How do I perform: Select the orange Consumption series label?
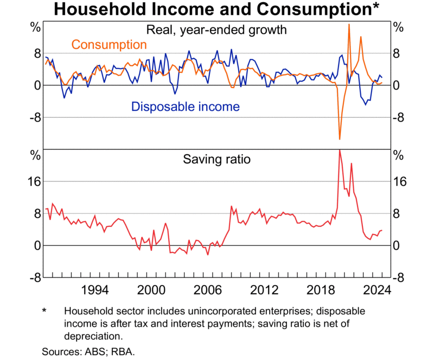109,45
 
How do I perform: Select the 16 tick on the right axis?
399,181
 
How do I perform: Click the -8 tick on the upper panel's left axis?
34,117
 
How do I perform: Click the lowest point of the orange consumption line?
340,139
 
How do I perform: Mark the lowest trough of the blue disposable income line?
366,104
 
